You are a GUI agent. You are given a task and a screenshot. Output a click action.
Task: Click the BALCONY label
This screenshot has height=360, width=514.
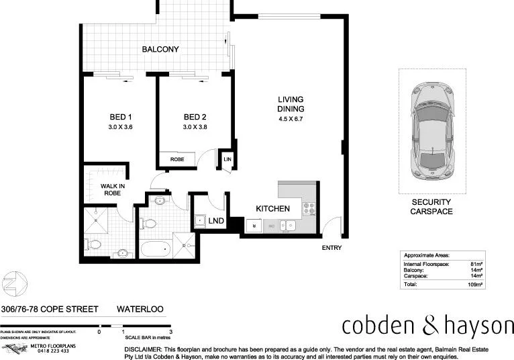pyautogui.click(x=160, y=49)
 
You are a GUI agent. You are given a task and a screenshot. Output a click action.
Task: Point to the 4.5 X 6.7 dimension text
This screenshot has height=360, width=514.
pyautogui.click(x=291, y=120)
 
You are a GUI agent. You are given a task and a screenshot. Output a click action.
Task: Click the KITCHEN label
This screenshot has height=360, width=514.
pyautogui.click(x=273, y=209)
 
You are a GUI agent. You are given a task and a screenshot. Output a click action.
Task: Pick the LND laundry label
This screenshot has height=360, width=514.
pyautogui.click(x=216, y=220)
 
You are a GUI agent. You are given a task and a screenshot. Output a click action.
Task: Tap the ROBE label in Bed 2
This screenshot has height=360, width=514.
pyautogui.click(x=177, y=159)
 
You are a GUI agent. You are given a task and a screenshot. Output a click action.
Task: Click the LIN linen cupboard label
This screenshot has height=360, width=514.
pyautogui.click(x=227, y=159)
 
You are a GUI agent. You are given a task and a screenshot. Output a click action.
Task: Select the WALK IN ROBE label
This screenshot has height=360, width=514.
pyautogui.click(x=113, y=189)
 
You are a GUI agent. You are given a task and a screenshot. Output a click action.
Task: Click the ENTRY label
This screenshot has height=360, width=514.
pyautogui.click(x=331, y=248)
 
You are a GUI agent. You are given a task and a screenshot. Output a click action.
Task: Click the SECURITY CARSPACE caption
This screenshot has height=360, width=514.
pyautogui.click(x=431, y=206)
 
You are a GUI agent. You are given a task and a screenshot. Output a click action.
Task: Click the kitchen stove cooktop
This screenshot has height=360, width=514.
pyautogui.click(x=309, y=208)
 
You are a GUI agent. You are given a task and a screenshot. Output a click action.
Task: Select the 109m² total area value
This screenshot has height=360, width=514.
pyautogui.click(x=475, y=285)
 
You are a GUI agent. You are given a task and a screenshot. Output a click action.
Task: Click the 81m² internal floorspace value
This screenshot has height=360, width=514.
pyautogui.click(x=477, y=265)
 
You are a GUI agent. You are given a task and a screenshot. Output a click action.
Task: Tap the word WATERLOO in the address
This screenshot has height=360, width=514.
pyautogui.click(x=141, y=310)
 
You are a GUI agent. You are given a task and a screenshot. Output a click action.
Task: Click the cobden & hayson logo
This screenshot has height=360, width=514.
pyautogui.click(x=427, y=326)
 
